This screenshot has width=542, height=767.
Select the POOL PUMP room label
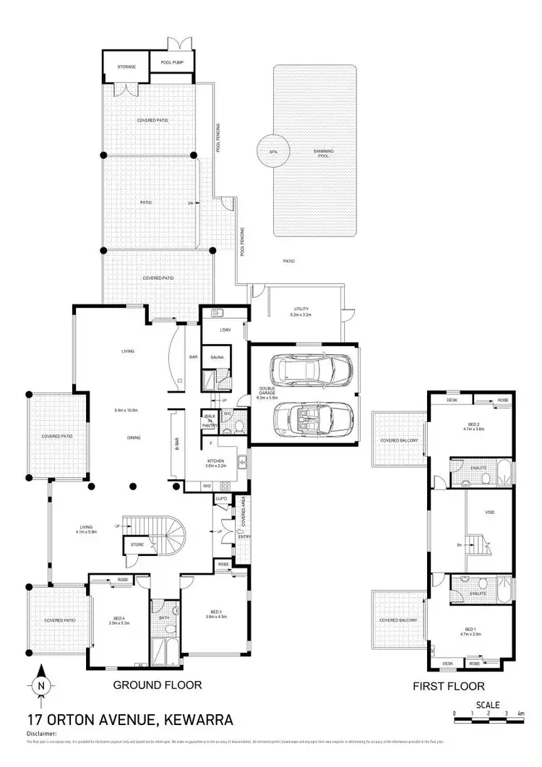[172, 63]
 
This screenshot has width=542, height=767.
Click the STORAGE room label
[127, 67]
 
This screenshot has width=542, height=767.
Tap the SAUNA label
[217, 358]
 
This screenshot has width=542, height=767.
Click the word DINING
[132, 437]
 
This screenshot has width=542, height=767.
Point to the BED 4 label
[119, 618]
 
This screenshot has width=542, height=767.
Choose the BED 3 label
[216, 613]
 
